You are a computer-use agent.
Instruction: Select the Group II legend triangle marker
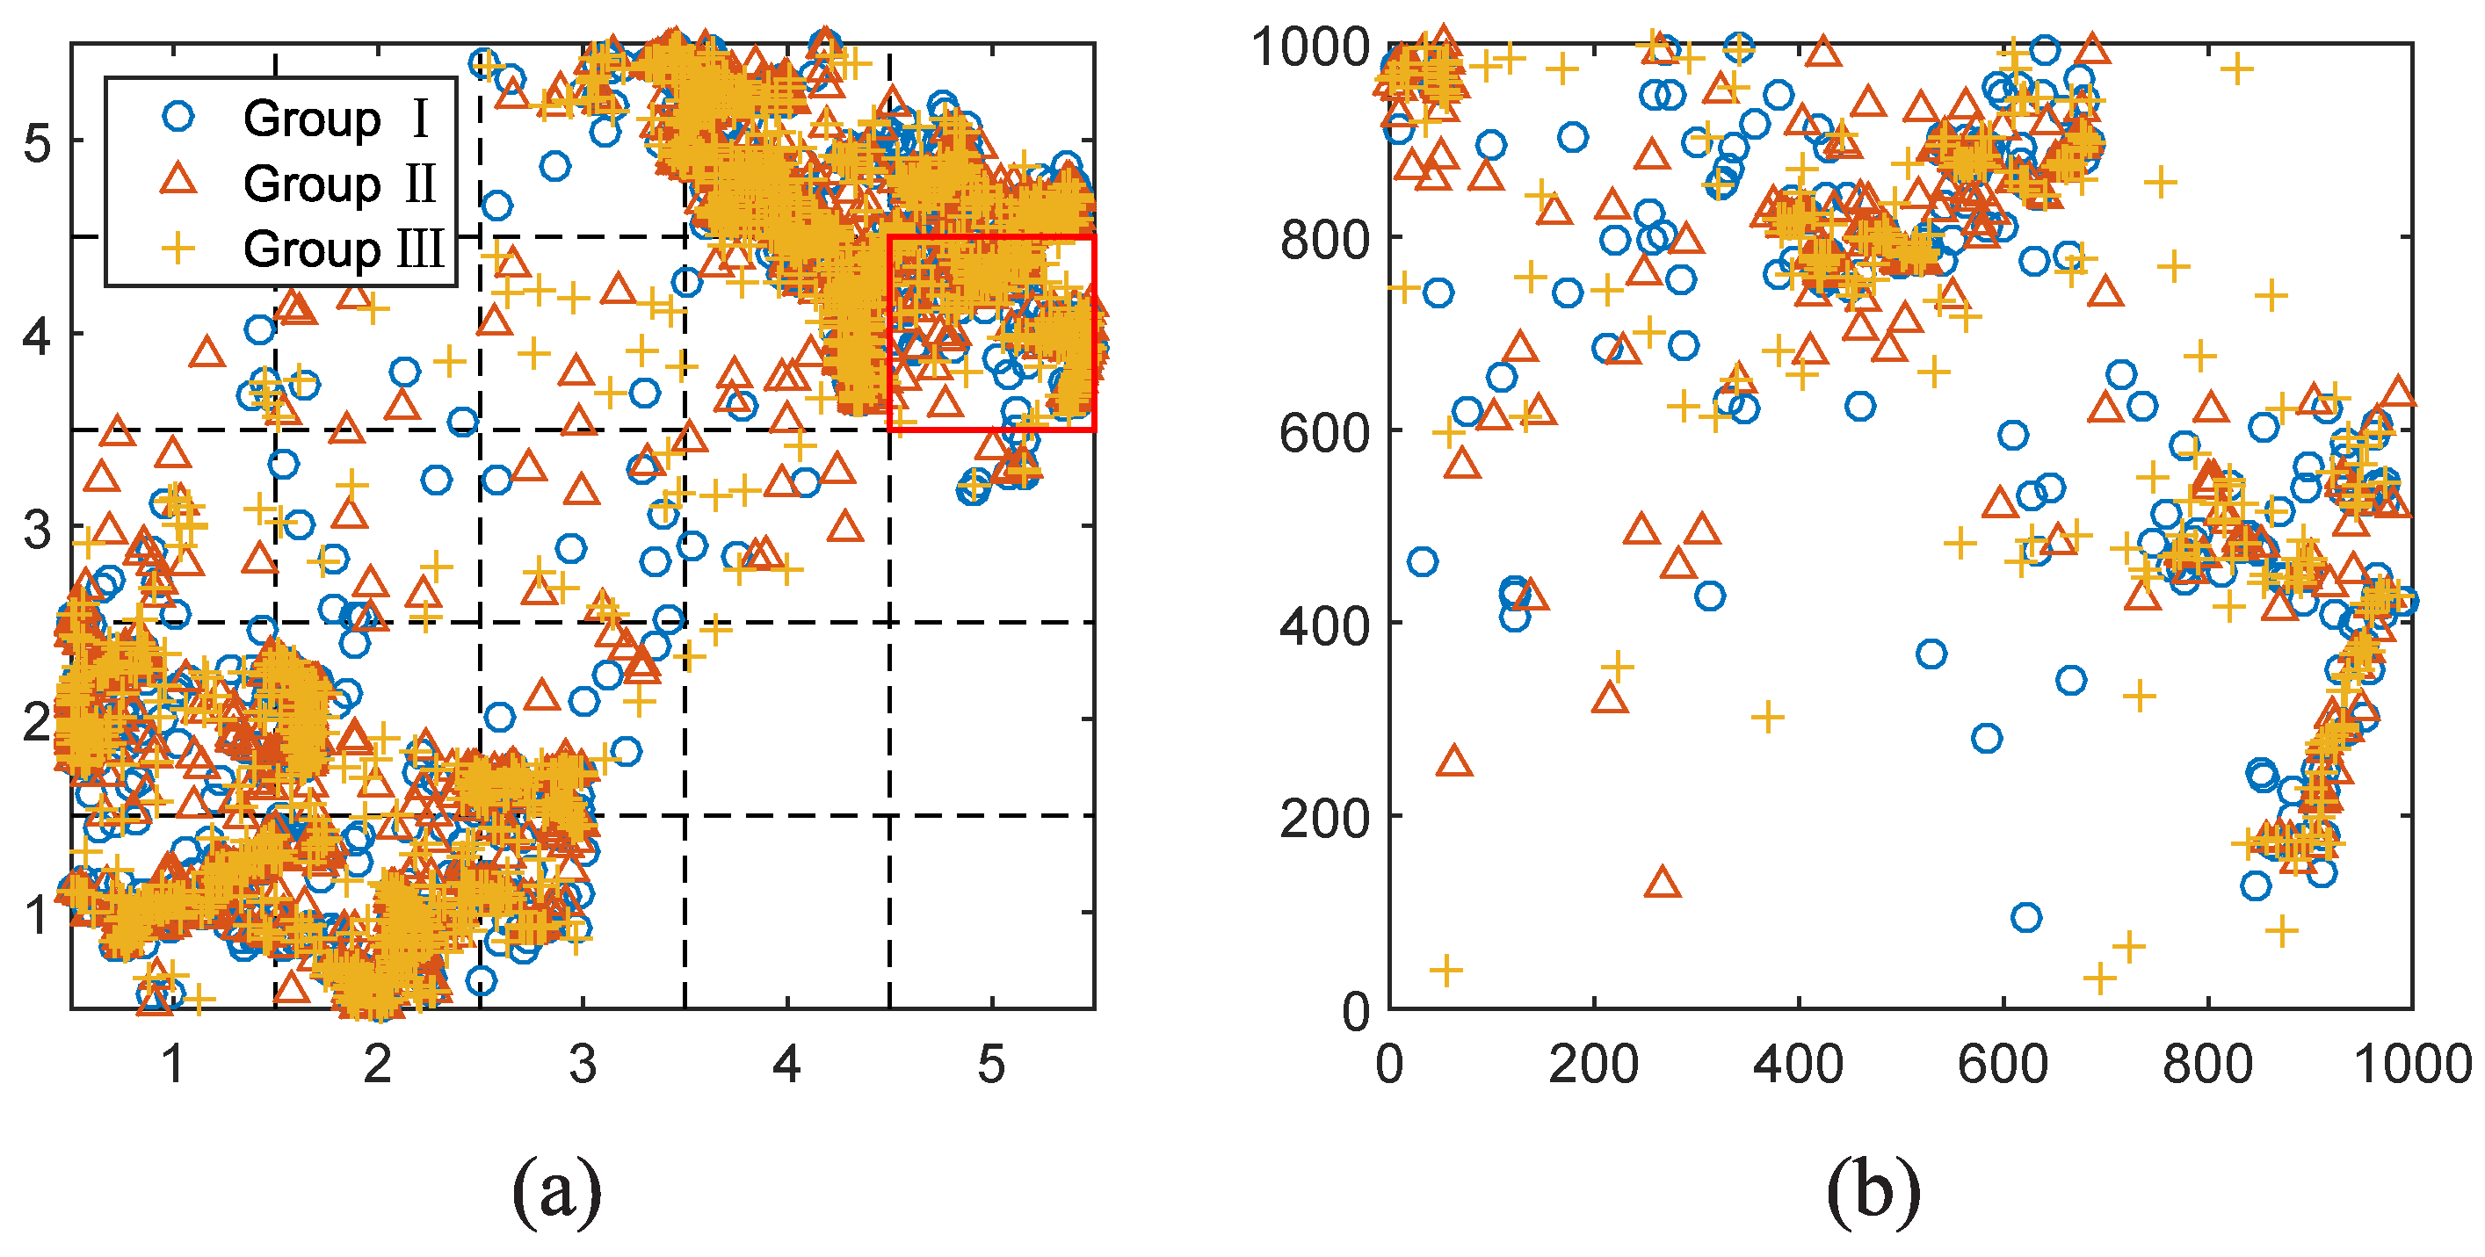(x=178, y=180)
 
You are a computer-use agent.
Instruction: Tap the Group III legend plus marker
(x=178, y=249)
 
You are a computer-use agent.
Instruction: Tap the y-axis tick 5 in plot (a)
(x=37, y=143)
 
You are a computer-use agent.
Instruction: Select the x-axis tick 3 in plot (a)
(x=583, y=1064)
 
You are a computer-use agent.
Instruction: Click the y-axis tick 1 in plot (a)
(x=37, y=914)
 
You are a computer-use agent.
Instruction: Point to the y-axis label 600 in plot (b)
(x=1324, y=432)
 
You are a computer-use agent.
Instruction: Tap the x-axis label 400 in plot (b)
(x=1798, y=1064)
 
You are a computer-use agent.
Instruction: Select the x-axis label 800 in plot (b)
(x=2207, y=1064)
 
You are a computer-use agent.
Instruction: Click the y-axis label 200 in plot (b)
(x=1324, y=818)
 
